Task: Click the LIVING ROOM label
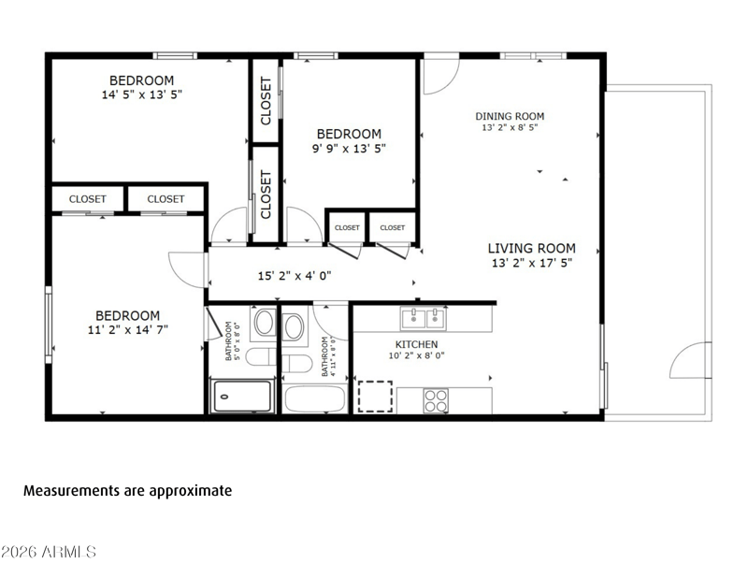531,248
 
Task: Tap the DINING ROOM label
510,116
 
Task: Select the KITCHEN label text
416,344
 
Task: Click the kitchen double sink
424,318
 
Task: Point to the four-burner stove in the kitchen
436,400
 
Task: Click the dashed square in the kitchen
375,397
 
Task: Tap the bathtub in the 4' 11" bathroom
314,399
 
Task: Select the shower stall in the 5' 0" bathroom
242,396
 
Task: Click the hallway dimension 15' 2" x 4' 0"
295,276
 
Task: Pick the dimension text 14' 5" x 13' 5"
142,94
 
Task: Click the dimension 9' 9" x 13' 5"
349,149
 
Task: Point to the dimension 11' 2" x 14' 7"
128,330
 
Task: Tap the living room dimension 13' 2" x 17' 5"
532,263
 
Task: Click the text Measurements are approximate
128,491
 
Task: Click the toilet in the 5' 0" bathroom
261,356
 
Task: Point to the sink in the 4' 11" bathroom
293,327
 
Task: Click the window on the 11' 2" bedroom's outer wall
49,325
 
